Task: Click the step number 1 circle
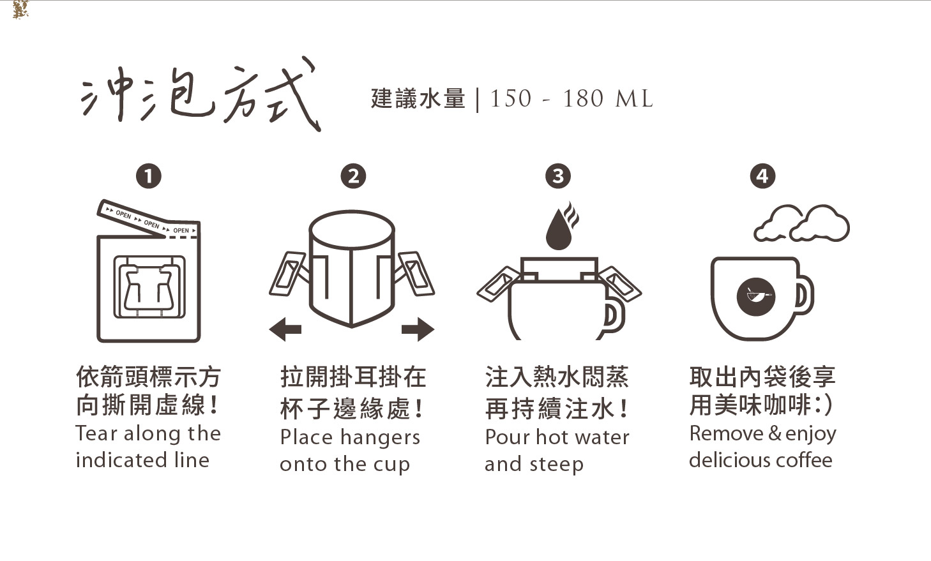click(148, 176)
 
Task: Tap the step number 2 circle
click(353, 176)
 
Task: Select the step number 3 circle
click(557, 176)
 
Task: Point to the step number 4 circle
click(762, 176)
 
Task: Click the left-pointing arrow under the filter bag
click(285, 329)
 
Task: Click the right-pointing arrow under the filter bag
click(418, 329)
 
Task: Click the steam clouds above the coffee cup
click(802, 223)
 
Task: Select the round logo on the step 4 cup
click(756, 297)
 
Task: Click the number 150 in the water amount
click(511, 99)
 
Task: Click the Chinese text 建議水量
click(418, 99)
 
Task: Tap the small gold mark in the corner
click(20, 10)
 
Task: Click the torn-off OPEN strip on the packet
click(148, 219)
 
